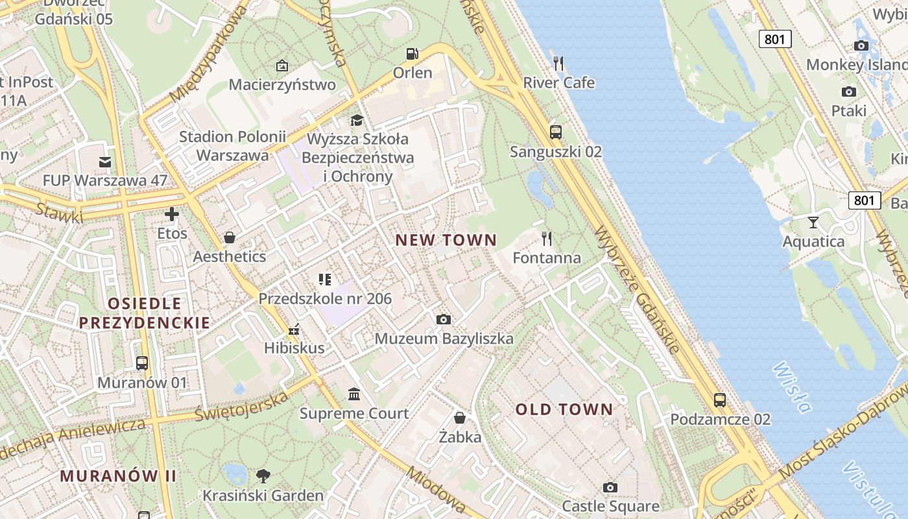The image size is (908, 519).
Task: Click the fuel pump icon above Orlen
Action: tap(412, 54)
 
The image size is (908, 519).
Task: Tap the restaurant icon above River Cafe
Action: tap(558, 63)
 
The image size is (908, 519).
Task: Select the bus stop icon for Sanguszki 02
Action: tap(556, 132)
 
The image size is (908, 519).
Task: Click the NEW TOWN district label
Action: tap(446, 240)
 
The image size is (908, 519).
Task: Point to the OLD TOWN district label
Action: tap(564, 409)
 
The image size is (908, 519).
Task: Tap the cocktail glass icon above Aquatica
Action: tap(813, 223)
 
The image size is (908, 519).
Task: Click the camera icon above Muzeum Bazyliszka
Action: tap(444, 319)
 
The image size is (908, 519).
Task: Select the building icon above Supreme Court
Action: tap(354, 394)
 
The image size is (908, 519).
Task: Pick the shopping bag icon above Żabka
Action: tap(460, 417)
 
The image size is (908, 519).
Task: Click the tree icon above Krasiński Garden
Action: tap(263, 476)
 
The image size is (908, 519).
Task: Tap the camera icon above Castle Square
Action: tap(610, 487)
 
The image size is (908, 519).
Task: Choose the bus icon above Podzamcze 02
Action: tap(720, 400)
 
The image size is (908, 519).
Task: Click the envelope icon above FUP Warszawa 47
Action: tap(105, 162)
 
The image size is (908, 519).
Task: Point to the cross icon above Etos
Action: tap(172, 214)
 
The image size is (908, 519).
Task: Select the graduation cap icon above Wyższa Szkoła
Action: tap(357, 120)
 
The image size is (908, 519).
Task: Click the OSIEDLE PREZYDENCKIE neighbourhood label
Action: tap(145, 313)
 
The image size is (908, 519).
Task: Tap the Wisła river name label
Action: tap(792, 387)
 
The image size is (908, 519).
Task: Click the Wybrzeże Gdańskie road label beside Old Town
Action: tap(636, 289)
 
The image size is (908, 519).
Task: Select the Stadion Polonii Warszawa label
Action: tap(232, 146)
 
